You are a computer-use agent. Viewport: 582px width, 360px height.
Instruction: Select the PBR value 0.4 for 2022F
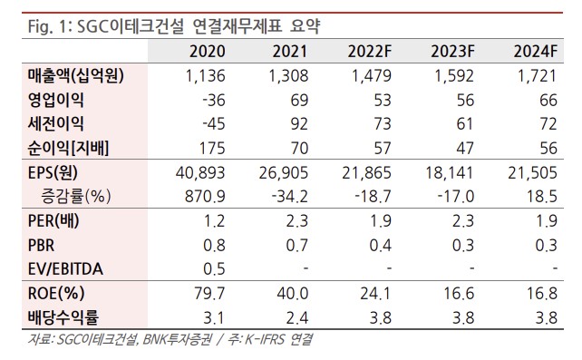point(381,244)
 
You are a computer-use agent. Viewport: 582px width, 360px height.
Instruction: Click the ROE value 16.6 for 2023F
point(464,292)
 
